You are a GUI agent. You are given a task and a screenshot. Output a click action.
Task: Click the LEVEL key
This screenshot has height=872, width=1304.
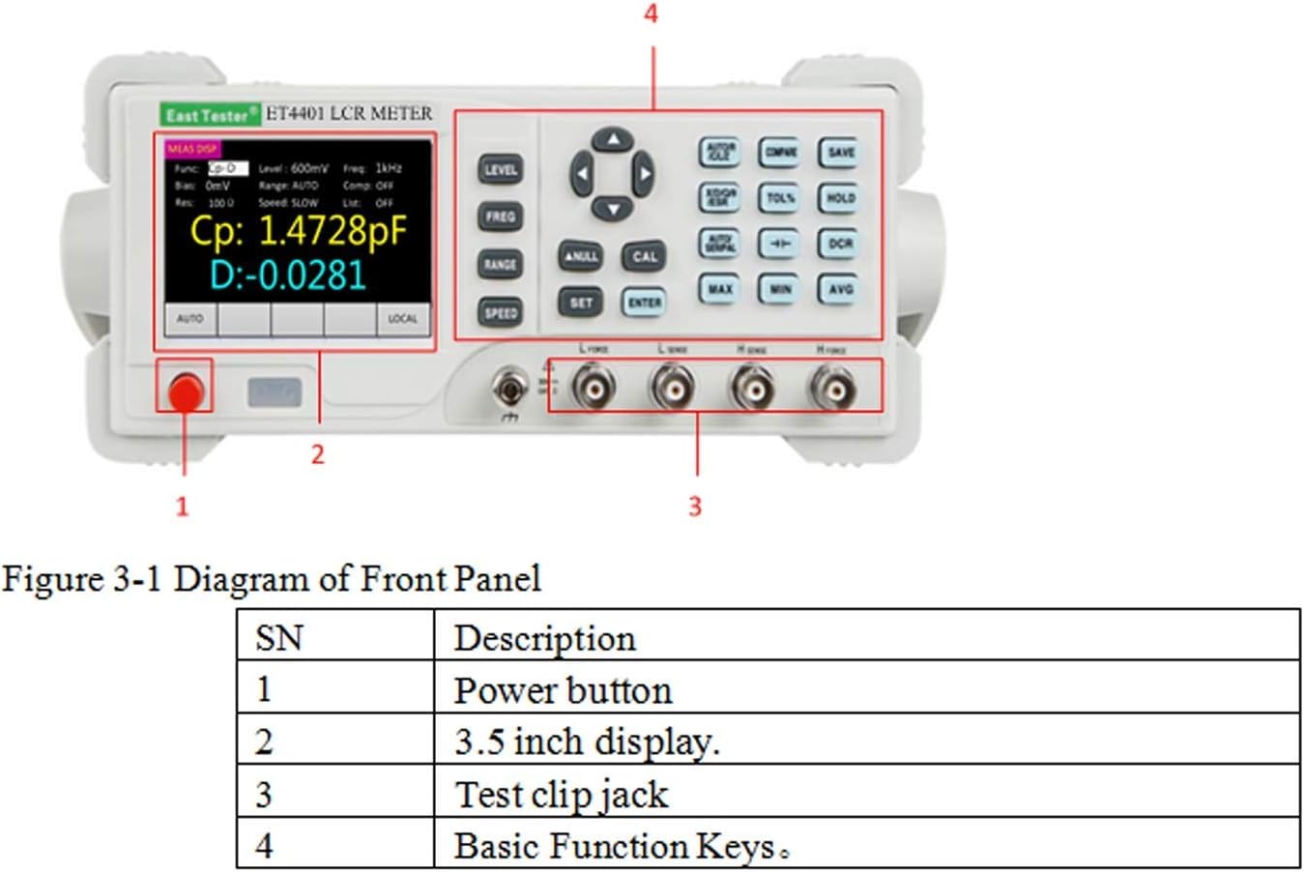click(x=500, y=170)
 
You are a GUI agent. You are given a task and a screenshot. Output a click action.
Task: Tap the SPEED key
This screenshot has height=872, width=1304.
click(x=500, y=312)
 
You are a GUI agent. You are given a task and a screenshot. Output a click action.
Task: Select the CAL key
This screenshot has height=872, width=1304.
click(x=644, y=256)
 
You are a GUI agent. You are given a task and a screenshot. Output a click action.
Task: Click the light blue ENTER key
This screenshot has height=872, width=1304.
click(x=644, y=303)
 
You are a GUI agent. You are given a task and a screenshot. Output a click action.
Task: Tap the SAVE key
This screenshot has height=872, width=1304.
click(x=839, y=152)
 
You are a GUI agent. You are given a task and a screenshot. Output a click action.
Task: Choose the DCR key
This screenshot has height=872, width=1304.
click(x=839, y=244)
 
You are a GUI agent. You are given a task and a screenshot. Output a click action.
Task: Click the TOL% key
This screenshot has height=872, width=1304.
click(x=779, y=198)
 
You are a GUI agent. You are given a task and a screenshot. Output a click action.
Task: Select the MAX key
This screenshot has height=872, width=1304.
click(x=719, y=288)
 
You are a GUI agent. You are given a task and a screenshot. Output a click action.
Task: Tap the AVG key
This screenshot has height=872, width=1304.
click(x=839, y=288)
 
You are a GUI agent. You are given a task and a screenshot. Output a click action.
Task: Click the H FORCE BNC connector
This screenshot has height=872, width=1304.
click(x=831, y=389)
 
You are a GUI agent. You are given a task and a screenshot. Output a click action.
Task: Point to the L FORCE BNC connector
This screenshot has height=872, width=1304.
click(x=593, y=389)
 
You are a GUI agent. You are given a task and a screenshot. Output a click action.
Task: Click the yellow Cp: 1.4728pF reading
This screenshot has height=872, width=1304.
click(x=298, y=232)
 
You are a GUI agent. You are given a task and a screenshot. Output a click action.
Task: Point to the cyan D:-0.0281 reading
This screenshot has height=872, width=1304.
click(x=288, y=276)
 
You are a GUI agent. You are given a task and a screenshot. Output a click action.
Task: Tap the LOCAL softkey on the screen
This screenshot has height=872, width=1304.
click(x=403, y=319)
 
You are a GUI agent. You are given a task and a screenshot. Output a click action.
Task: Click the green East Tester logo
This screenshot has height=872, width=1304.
click(x=210, y=115)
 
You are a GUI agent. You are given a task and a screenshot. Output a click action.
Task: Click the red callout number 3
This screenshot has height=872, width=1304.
click(x=694, y=506)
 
